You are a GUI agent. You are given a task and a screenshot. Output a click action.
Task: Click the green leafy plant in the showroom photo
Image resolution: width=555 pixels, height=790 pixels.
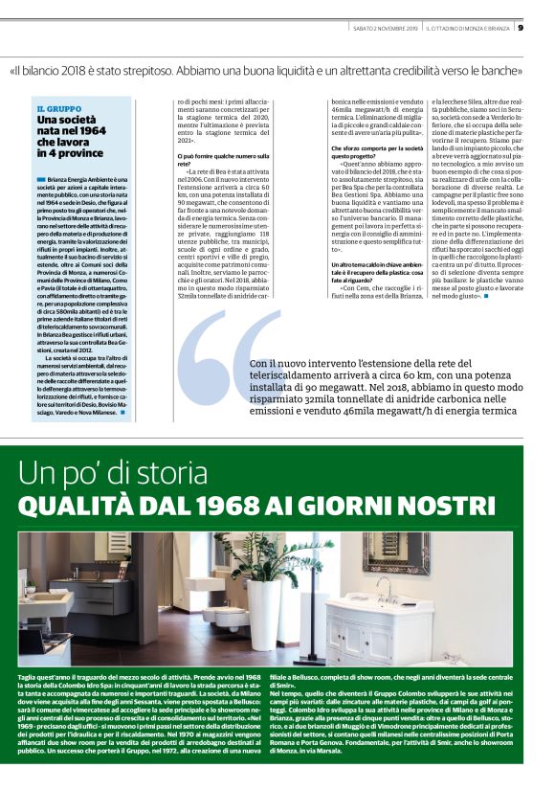pyautogui.click(x=265, y=558)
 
